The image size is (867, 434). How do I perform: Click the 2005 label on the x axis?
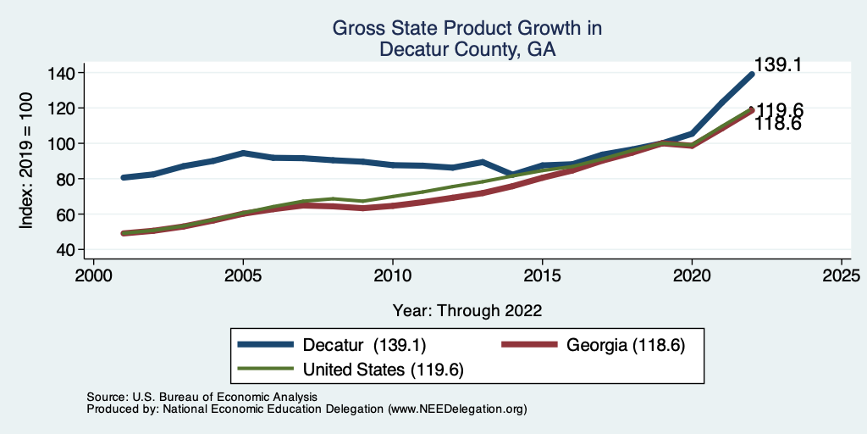pyautogui.click(x=243, y=276)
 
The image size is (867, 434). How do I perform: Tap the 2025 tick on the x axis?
pyautogui.click(x=842, y=276)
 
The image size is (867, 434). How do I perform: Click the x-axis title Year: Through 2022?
pyautogui.click(x=467, y=309)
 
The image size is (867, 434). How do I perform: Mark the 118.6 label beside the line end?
pyautogui.click(x=778, y=124)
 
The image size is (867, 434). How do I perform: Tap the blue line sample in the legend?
pyautogui.click(x=270, y=346)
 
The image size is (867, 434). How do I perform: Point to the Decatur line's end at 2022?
pyautogui.click(x=751, y=75)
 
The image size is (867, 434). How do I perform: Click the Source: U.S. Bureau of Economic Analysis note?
pyautogui.click(x=202, y=397)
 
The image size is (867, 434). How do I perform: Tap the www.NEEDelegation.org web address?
pyautogui.click(x=457, y=409)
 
